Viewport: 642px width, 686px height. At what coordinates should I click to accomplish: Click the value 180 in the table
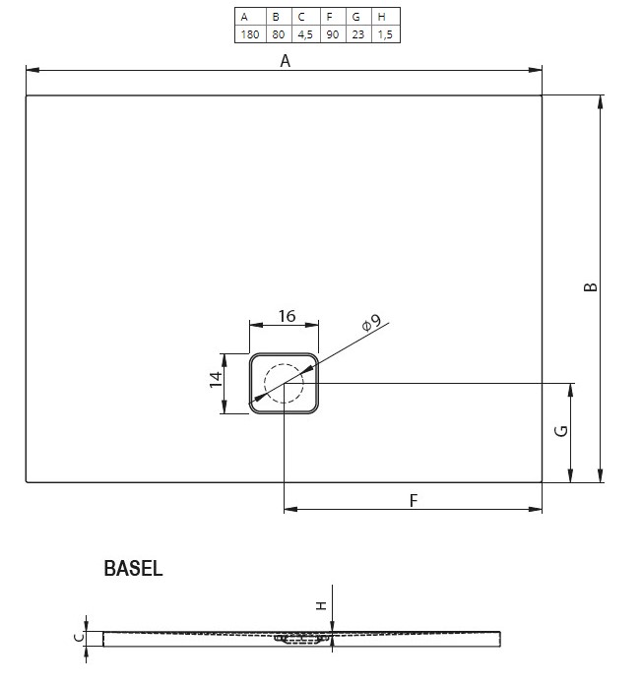tap(250, 34)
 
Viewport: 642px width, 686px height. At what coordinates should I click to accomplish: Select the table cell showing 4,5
tap(305, 34)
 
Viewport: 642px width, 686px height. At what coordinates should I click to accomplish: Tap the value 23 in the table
tap(358, 34)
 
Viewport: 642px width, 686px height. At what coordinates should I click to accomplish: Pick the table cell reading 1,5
tap(385, 34)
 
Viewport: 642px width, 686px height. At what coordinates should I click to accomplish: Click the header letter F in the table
tap(329, 17)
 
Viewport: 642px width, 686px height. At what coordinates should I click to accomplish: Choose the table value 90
tap(333, 34)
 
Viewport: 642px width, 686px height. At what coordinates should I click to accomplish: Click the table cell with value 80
tap(279, 34)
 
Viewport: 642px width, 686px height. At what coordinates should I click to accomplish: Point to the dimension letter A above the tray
tap(285, 61)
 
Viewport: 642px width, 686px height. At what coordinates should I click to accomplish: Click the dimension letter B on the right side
tap(591, 287)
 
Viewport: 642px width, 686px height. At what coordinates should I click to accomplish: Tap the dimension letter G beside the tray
tap(560, 431)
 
